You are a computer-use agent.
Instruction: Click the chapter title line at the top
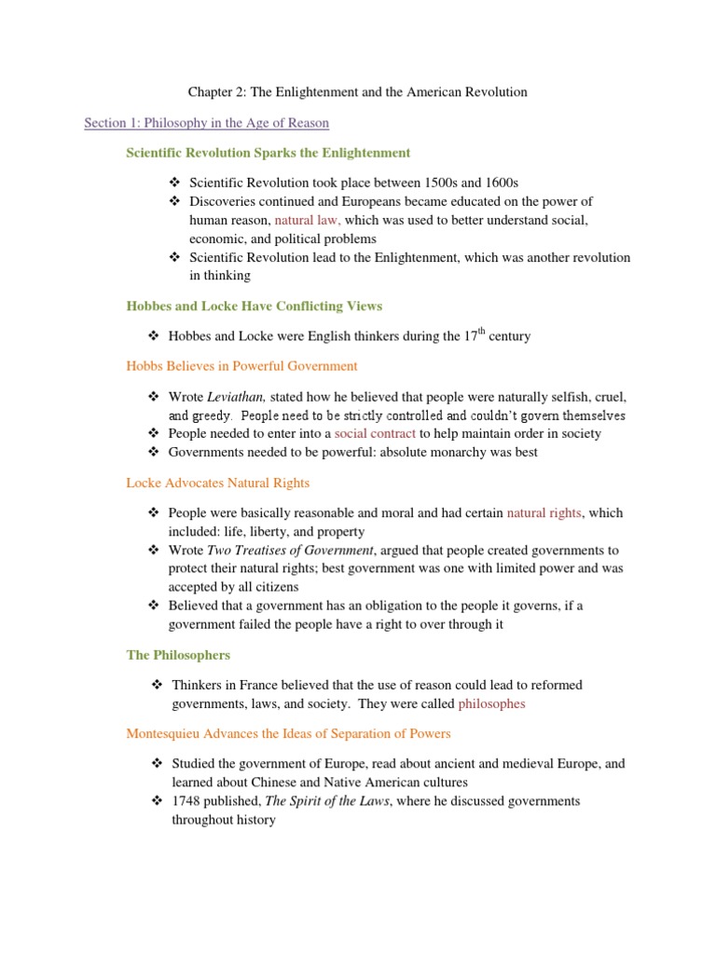click(x=357, y=91)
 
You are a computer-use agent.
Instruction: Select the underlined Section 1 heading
click(x=206, y=122)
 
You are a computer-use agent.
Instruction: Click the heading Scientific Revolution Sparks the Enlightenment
click(x=268, y=152)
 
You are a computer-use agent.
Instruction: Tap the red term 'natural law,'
click(x=308, y=220)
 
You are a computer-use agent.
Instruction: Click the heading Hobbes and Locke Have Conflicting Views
click(x=254, y=306)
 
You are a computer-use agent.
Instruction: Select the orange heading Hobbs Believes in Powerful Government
click(x=241, y=366)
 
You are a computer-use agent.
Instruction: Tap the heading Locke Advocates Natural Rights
click(x=217, y=483)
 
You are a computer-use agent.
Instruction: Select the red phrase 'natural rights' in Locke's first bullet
click(x=544, y=513)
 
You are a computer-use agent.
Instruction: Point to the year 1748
click(x=186, y=801)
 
